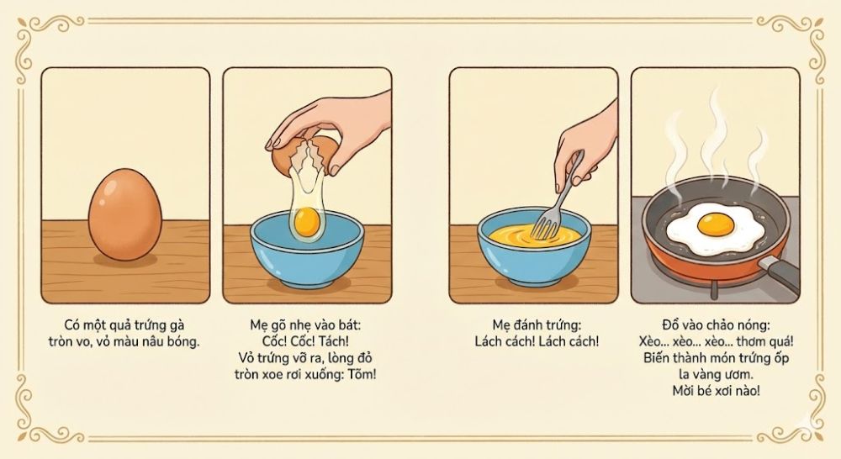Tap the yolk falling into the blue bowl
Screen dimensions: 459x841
click(306, 223)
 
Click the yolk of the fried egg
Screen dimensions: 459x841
click(712, 225)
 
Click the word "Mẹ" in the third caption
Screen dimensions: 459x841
click(502, 324)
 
